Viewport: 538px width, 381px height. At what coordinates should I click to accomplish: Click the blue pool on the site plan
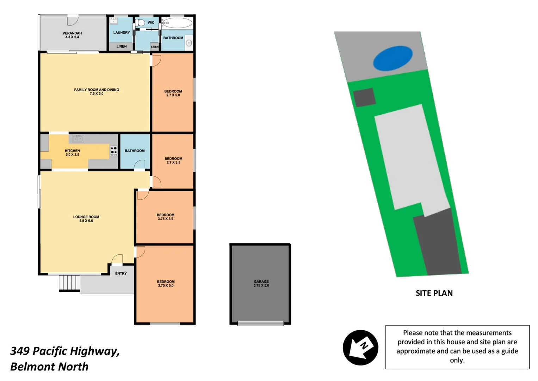392,58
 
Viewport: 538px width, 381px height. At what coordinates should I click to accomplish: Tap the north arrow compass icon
360,347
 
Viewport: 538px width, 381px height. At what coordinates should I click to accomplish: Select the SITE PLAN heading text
434,293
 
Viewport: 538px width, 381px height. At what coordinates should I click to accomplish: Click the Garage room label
261,284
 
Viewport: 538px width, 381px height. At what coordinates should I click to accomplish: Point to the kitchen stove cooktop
113,151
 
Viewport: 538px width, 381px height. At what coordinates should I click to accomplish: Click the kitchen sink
78,138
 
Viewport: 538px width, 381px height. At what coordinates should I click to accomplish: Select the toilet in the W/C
141,23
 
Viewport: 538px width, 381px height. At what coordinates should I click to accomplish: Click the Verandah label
72,35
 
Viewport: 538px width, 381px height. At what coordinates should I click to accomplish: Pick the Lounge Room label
86,219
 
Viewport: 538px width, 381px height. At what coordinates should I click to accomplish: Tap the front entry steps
69,283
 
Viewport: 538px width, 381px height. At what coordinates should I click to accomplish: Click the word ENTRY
121,273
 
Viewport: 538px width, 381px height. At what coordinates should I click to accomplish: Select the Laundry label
122,32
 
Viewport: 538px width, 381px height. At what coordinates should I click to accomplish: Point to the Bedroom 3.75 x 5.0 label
166,284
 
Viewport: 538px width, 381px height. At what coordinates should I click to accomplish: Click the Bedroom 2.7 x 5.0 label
173,93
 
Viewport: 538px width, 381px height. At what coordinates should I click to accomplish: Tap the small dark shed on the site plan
364,97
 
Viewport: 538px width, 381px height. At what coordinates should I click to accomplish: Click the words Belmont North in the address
49,367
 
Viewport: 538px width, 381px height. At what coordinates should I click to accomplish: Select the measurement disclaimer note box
457,347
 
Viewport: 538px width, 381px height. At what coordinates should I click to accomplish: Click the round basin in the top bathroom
189,43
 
